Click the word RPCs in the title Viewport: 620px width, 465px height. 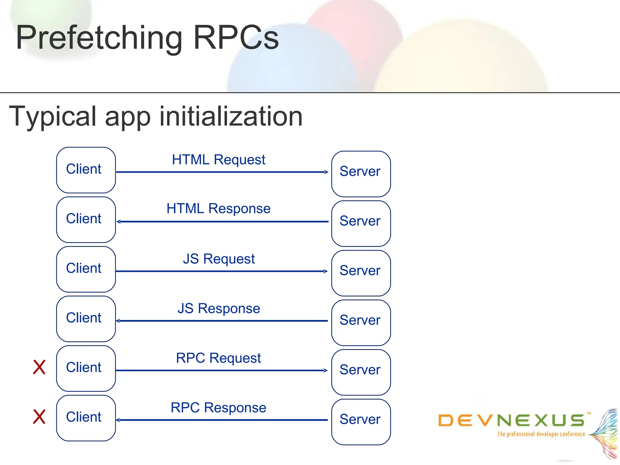click(x=236, y=38)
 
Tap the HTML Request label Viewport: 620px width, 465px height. click(x=218, y=160)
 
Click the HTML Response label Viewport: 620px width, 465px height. click(x=218, y=209)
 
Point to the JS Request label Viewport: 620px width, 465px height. click(x=219, y=259)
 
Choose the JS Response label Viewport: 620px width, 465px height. click(x=219, y=309)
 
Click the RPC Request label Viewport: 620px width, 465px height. click(x=218, y=358)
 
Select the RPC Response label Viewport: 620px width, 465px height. click(x=218, y=408)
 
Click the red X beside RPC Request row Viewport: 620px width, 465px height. click(x=39, y=367)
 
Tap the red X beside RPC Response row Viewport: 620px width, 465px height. click(x=39, y=417)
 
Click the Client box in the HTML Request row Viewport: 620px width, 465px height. click(x=86, y=170)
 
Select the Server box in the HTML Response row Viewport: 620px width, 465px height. click(x=361, y=223)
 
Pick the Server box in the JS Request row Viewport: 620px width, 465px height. click(x=361, y=273)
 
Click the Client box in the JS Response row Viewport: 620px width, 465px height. click(x=86, y=319)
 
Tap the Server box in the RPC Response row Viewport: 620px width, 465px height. click(x=361, y=422)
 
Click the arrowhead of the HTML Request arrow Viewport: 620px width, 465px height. click(x=326, y=172)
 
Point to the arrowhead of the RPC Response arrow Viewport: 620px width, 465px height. click(x=118, y=420)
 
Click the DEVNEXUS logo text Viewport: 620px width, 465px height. click(x=512, y=420)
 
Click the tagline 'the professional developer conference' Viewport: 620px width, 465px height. click(x=541, y=434)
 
